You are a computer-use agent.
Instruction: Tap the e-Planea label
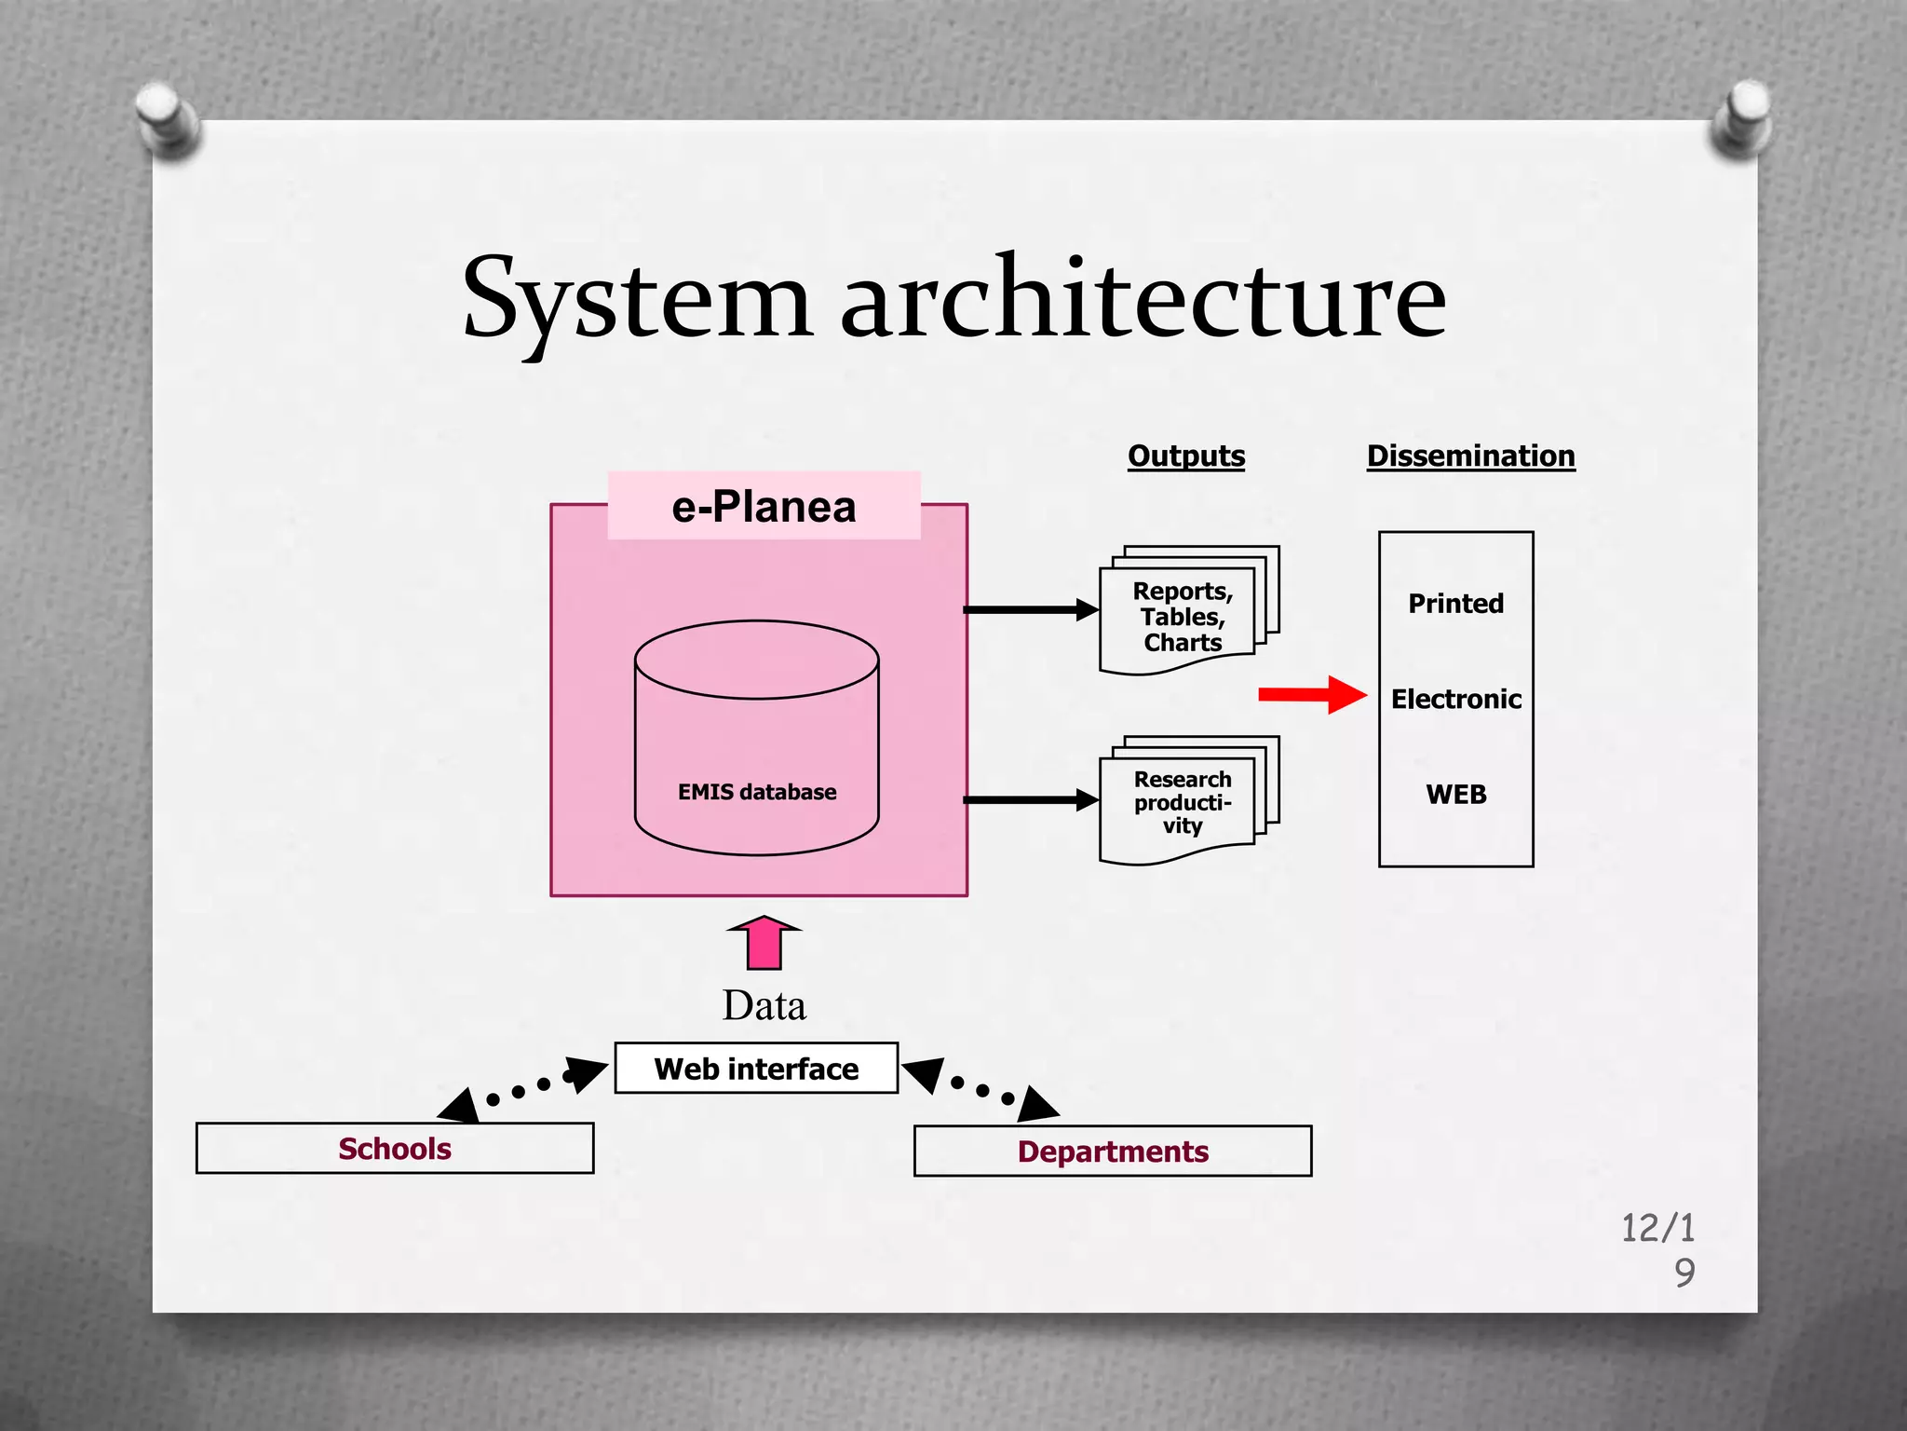click(764, 507)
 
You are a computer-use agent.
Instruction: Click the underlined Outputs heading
click(1185, 456)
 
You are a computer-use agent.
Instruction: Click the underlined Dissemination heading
click(1470, 456)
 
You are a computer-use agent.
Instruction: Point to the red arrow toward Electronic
click(1311, 695)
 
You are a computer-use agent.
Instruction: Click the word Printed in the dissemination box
click(1455, 604)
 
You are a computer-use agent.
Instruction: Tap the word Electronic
click(1455, 699)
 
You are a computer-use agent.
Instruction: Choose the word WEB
click(1455, 795)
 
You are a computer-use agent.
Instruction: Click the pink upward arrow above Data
click(764, 943)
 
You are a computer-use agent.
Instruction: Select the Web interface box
click(756, 1069)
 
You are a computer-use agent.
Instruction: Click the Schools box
click(395, 1149)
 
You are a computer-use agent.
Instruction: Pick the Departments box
click(1113, 1152)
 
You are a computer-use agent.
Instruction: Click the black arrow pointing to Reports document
click(1030, 609)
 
